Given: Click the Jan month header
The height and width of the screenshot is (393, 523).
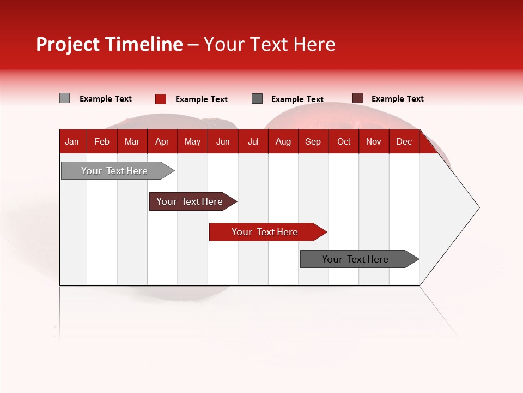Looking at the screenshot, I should click(72, 141).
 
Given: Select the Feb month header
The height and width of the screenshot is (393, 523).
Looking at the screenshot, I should click(102, 141).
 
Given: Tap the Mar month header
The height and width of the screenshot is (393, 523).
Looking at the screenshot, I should click(132, 141).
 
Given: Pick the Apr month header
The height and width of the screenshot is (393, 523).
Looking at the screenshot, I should click(162, 141).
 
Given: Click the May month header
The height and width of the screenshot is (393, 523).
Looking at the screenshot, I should click(192, 141).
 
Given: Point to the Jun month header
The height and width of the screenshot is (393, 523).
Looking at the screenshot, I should click(223, 141).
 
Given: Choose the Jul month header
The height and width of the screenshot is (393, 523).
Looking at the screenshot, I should click(253, 141).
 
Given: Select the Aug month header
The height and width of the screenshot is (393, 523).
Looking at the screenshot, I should click(283, 141).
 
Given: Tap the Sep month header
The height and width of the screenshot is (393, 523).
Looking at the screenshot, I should click(313, 141).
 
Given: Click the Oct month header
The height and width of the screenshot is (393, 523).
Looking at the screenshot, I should click(344, 141).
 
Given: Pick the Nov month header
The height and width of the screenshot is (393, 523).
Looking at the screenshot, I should click(374, 141).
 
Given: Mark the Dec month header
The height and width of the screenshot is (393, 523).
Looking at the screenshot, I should click(404, 141).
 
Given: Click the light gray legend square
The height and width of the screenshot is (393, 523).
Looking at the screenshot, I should click(65, 98).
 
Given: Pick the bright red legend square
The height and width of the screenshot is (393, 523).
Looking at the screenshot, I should click(161, 99).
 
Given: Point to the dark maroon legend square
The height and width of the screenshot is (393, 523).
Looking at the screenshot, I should click(358, 98).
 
